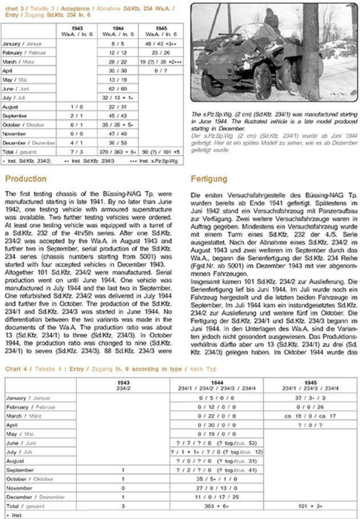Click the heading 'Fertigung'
[x=208, y=179]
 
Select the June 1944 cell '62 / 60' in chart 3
[x=118, y=88]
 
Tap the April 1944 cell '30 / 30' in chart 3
[x=118, y=70]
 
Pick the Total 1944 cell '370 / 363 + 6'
[x=118, y=152]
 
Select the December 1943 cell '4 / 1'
[x=77, y=143]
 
